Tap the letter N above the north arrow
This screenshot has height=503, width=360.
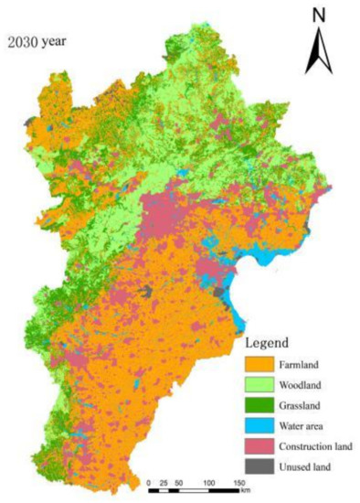319,15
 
